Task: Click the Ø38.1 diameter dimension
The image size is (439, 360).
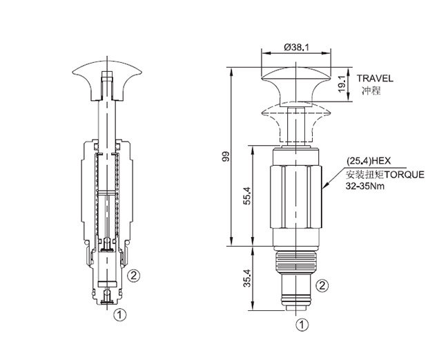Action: [x=296, y=48]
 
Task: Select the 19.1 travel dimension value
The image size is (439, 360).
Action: [x=342, y=84]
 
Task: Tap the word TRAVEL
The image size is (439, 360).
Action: [x=375, y=79]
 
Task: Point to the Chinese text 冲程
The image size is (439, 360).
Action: [x=371, y=91]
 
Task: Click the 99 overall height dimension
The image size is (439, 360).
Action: [x=226, y=156]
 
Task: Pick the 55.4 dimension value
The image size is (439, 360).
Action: [x=248, y=196]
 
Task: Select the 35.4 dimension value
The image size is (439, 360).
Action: [x=248, y=278]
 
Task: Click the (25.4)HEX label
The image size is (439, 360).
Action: [x=369, y=161]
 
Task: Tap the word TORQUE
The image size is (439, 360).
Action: [x=404, y=175]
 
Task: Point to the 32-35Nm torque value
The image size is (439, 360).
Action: [x=365, y=186]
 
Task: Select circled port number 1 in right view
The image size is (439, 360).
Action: [x=302, y=325]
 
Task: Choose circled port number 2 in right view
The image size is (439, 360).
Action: [x=322, y=285]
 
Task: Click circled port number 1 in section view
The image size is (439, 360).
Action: [x=120, y=315]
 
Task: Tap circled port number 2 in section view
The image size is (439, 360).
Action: [x=133, y=276]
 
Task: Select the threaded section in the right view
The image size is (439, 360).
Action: [x=295, y=263]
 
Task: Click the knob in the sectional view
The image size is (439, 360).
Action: [x=107, y=81]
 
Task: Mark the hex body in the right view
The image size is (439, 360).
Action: [x=296, y=197]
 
